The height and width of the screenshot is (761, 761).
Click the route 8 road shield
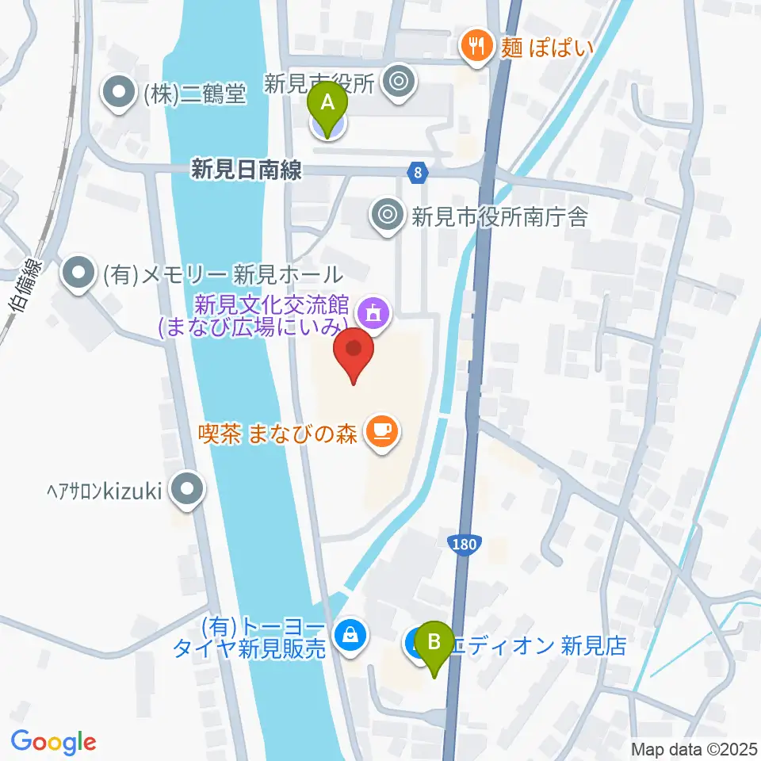click(419, 171)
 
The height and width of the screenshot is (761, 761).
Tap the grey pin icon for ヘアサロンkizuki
click(187, 491)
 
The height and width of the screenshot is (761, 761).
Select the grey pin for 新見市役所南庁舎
click(388, 215)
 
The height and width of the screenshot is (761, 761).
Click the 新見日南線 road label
click(247, 170)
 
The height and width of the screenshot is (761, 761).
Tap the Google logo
click(53, 743)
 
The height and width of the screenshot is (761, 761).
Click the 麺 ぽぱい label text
click(547, 48)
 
